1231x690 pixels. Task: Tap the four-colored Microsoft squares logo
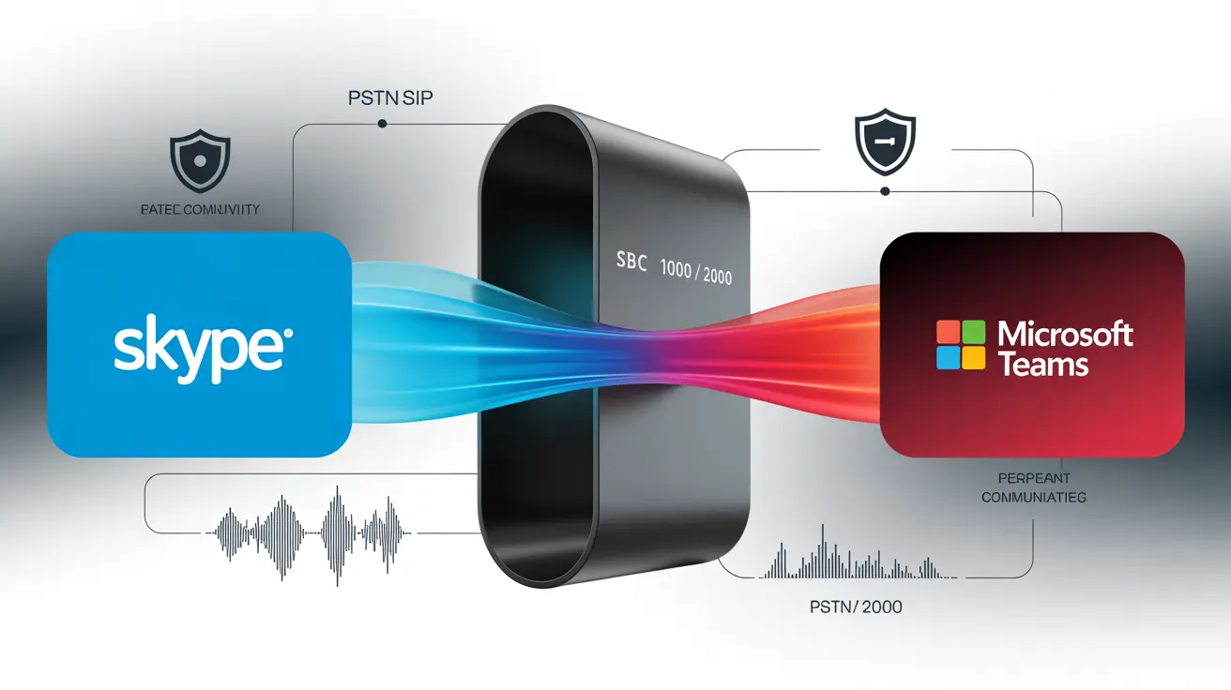coord(960,346)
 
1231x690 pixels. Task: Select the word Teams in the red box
coord(1044,364)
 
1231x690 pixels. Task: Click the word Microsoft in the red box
coord(1066,333)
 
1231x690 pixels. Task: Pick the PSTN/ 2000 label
coord(855,607)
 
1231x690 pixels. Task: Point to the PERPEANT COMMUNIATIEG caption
coord(1033,487)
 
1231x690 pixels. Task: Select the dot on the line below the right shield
coord(883,191)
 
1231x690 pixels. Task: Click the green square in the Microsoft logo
coord(973,333)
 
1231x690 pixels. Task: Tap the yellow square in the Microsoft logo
coord(973,359)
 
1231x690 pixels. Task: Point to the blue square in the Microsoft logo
coord(947,359)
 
